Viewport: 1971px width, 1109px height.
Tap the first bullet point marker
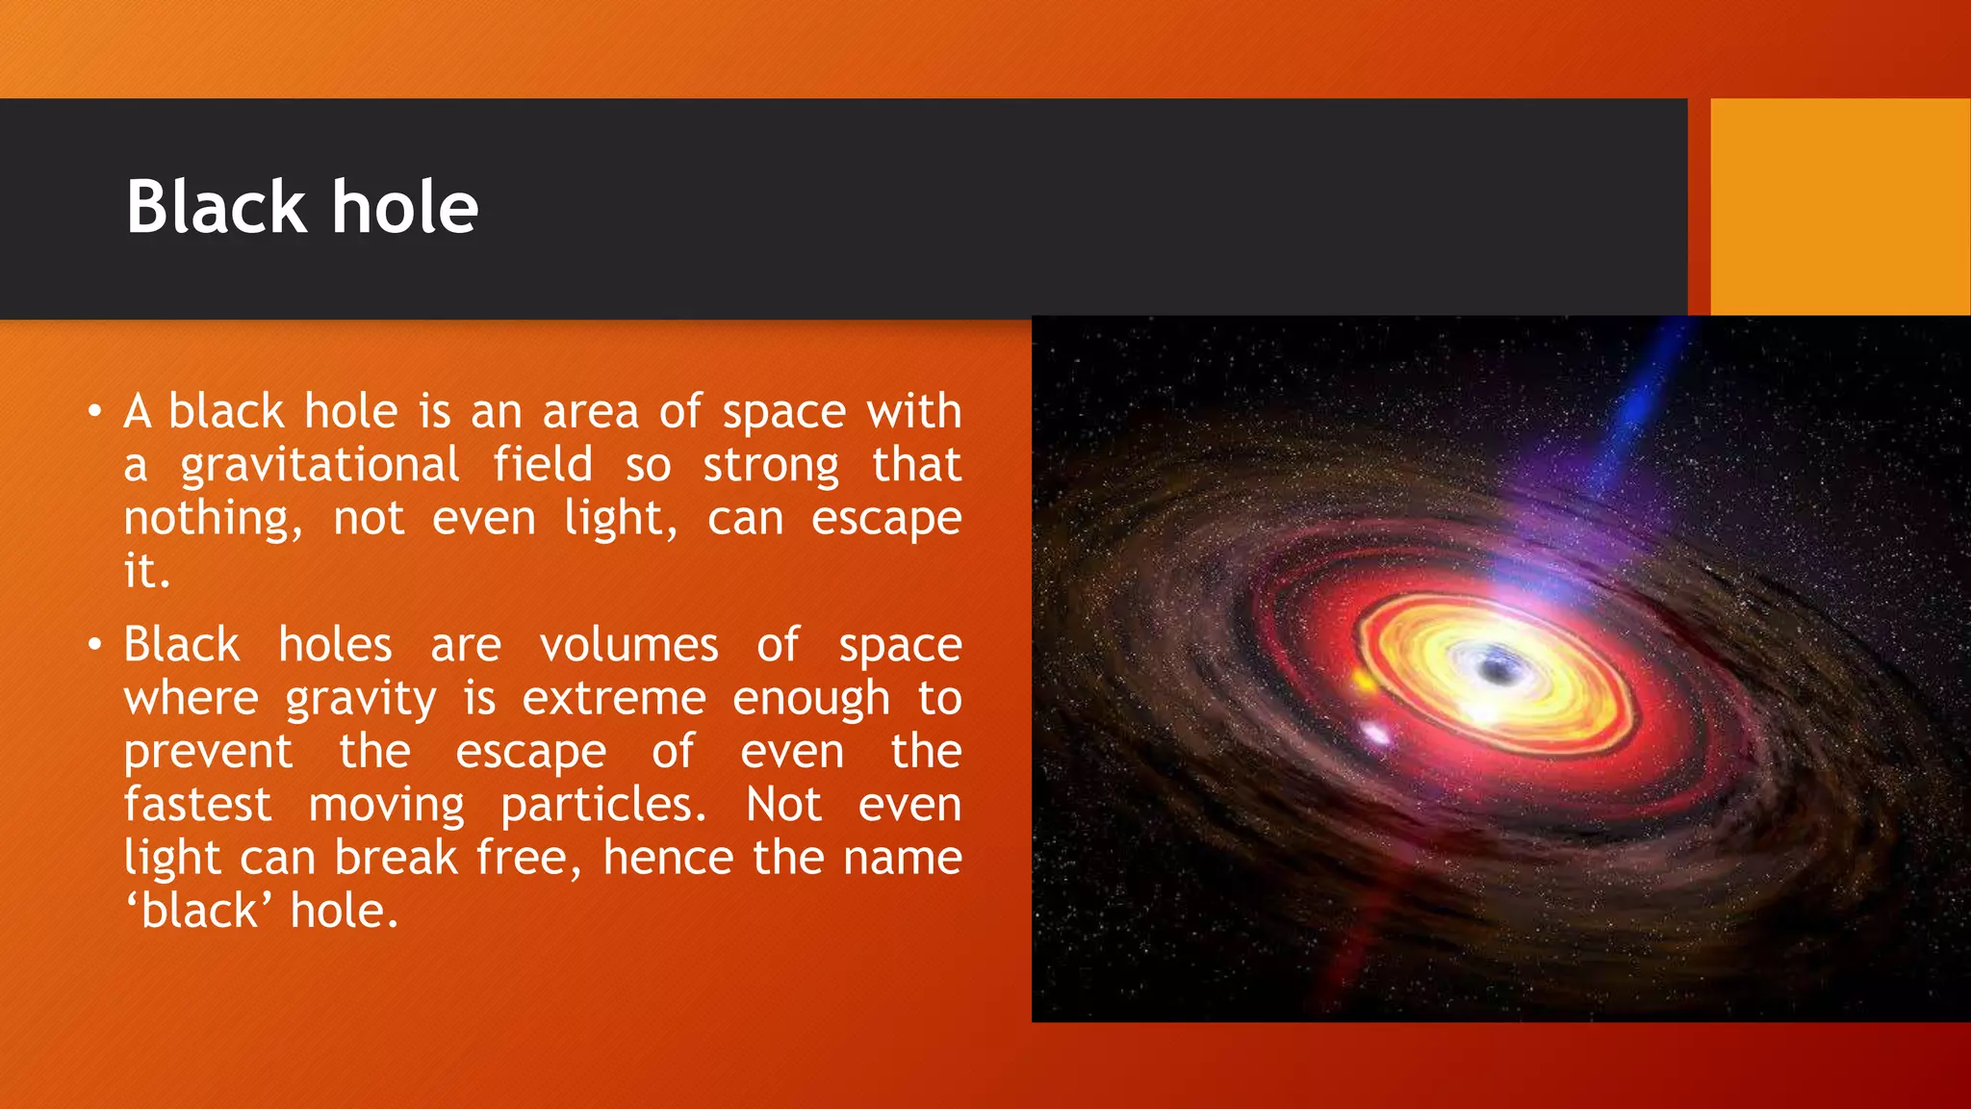[x=93, y=412]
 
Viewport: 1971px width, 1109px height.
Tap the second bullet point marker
[x=93, y=645]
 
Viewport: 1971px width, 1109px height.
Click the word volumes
[x=628, y=645]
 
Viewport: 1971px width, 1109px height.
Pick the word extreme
[x=614, y=698]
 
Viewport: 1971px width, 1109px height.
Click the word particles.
[x=603, y=805]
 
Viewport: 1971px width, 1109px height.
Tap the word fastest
[x=197, y=805]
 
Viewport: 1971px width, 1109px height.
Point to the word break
[x=396, y=858]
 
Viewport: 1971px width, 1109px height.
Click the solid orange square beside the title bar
[x=1839, y=207]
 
